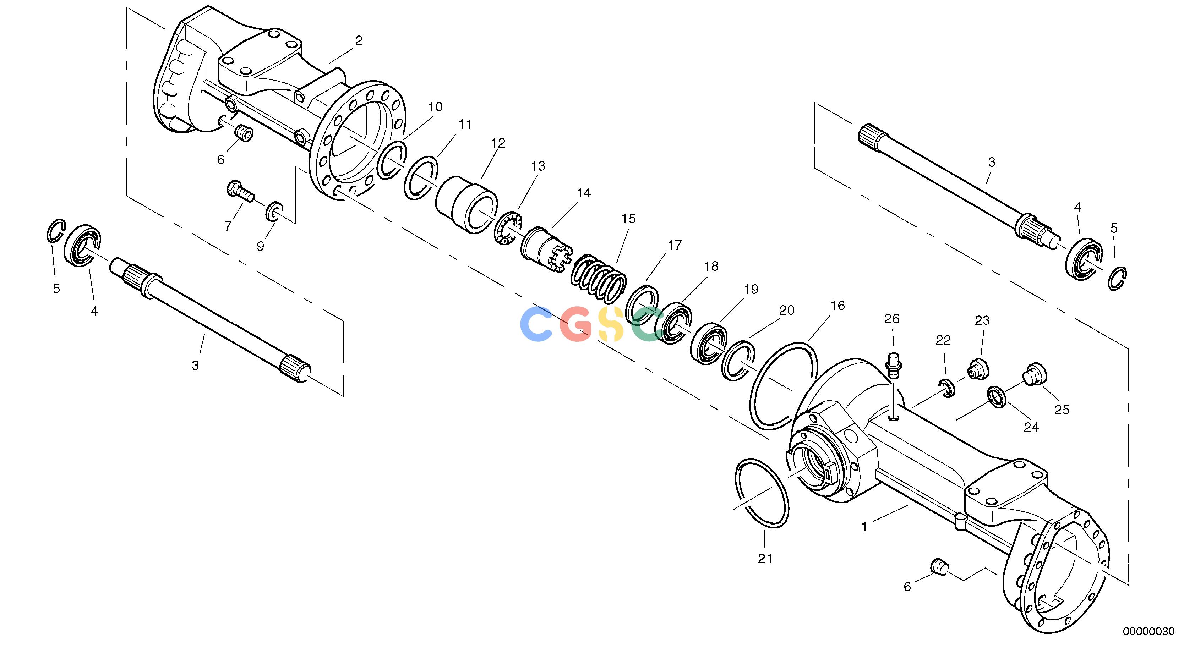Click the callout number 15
628,219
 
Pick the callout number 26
892,318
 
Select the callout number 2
359,40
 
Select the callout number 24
1031,427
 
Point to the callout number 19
751,289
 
